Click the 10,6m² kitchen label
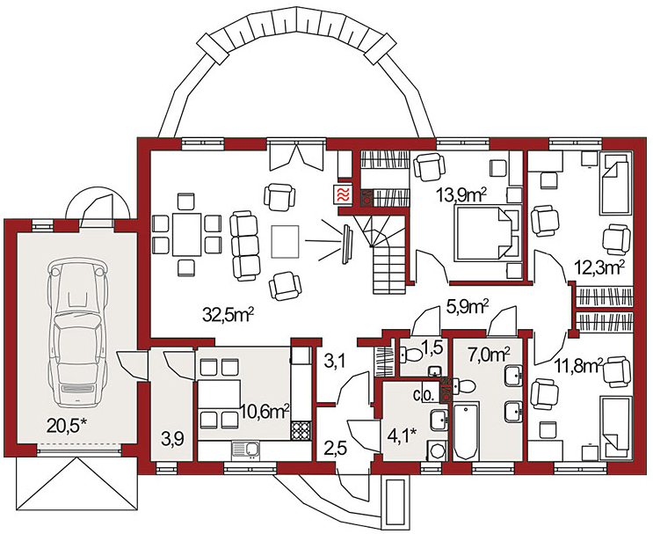coord(265,410)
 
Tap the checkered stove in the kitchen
coord(301,430)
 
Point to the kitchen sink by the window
coord(246,450)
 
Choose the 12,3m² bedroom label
coord(599,265)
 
